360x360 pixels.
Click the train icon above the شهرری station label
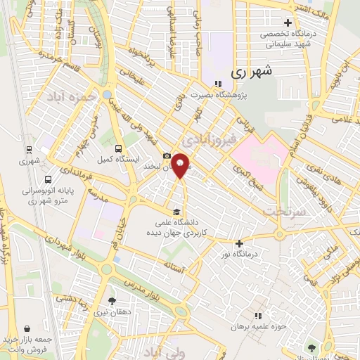point(28,149)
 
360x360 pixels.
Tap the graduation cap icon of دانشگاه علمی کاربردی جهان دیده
point(176,211)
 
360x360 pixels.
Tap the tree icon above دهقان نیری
point(112,300)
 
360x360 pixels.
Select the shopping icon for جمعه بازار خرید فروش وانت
point(27,328)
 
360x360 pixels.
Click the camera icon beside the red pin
point(167,156)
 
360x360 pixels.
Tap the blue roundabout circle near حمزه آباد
point(107,94)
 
